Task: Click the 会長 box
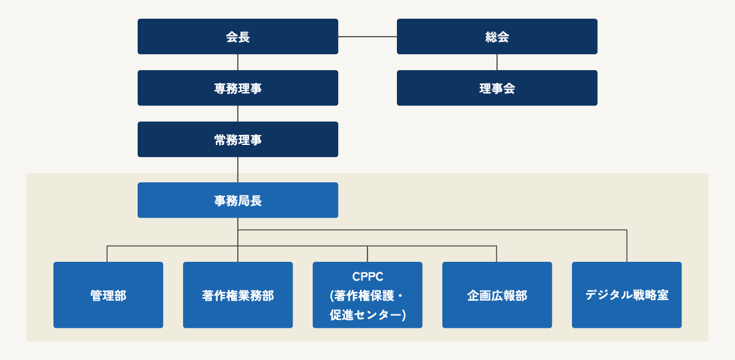[238, 37]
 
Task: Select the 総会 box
[497, 37]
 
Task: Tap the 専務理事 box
[238, 88]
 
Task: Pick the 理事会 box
[497, 88]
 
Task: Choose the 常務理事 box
[238, 140]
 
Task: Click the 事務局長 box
[238, 200]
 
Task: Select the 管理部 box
[108, 295]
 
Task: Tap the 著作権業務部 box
[238, 295]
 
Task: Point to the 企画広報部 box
[497, 295]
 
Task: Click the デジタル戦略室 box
[627, 295]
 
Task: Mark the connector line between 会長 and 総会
[367, 37]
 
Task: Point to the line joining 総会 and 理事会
[497, 62]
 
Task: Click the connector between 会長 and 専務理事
[238, 62]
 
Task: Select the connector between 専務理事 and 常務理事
[238, 114]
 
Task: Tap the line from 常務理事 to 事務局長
[238, 170]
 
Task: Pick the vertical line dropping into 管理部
[108, 254]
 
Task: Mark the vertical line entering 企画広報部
[496, 254]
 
